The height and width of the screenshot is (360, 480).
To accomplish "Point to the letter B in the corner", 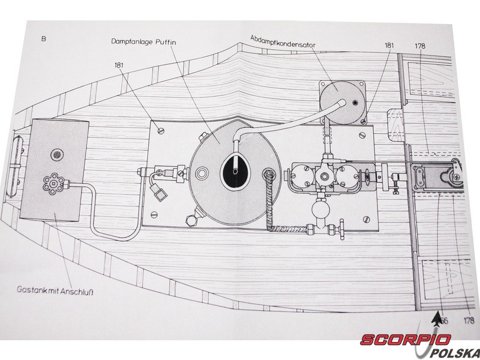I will tap(44, 40).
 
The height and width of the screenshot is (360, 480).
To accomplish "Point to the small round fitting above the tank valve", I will tap(56, 155).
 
